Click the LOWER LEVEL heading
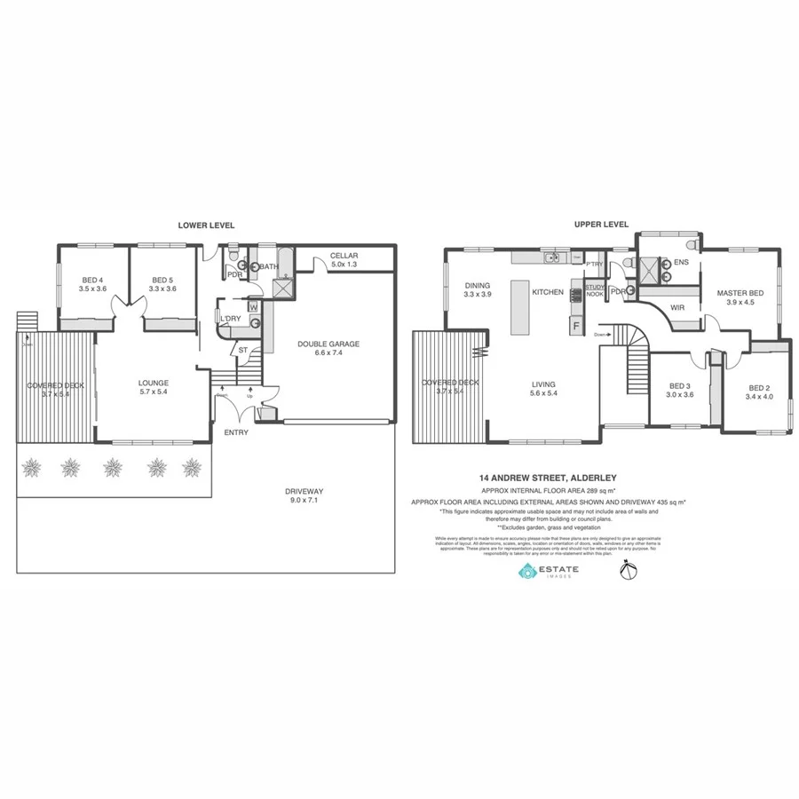pyautogui.click(x=206, y=225)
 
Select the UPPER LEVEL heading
pyautogui.click(x=601, y=225)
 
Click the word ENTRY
pyautogui.click(x=237, y=432)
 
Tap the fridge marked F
pyautogui.click(x=576, y=326)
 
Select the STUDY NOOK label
pyautogui.click(x=595, y=289)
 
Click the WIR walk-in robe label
pyautogui.click(x=679, y=308)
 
